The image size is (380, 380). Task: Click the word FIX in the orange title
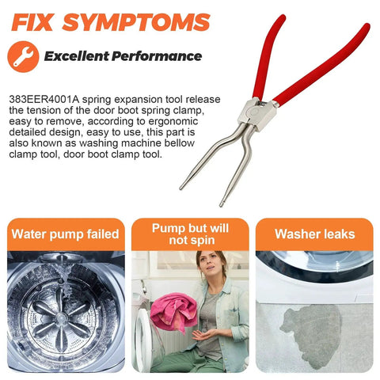[32, 22]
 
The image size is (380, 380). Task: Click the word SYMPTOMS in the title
[136, 22]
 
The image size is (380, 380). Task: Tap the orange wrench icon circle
[23, 56]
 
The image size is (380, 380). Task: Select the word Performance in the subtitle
[157, 56]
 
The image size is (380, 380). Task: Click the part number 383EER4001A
[44, 100]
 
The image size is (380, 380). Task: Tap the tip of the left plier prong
[180, 188]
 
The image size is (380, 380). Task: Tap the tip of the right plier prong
[221, 205]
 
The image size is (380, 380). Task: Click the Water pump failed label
[66, 234]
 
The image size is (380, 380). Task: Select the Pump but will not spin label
[191, 234]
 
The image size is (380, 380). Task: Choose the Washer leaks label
[315, 234]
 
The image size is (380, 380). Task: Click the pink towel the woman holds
[173, 312]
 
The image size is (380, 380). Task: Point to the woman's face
[210, 265]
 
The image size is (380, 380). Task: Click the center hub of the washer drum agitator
[61, 317]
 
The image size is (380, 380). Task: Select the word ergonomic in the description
[173, 121]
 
